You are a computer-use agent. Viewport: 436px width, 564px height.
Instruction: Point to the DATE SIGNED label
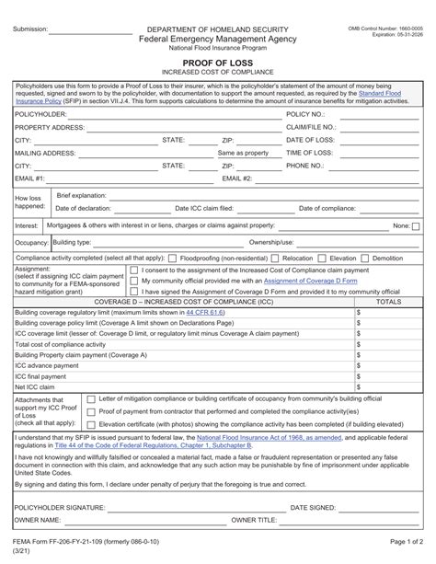click(313, 507)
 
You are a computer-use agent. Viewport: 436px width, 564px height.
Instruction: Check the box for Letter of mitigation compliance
click(90, 398)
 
